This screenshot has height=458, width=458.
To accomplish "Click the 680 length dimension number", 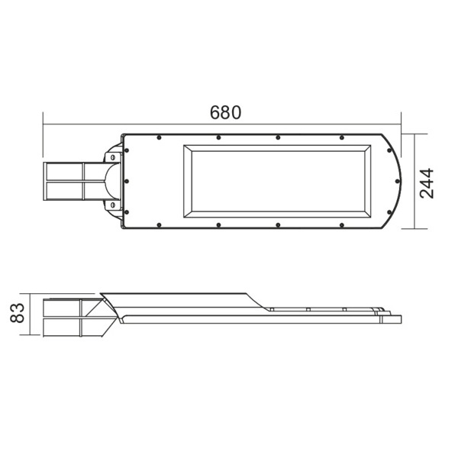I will (x=225, y=112).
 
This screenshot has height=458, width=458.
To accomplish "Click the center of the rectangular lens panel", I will (x=276, y=181).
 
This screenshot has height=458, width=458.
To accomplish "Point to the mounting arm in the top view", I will (x=73, y=181).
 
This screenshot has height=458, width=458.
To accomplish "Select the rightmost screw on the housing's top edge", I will (x=337, y=137).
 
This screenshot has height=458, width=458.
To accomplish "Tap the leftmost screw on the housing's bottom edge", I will (x=157, y=224).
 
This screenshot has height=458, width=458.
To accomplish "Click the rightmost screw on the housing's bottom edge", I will (x=337, y=224).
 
